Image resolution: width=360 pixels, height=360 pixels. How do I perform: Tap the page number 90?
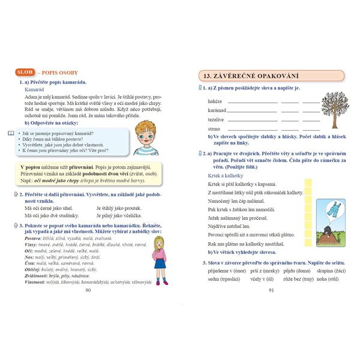coord(88,290)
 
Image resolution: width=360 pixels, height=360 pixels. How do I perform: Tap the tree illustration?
coord(334,108)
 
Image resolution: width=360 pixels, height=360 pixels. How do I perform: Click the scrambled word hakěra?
coord(215,101)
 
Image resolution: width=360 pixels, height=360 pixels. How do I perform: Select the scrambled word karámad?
coord(217,110)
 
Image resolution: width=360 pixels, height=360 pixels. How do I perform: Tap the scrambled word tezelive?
coord(216,119)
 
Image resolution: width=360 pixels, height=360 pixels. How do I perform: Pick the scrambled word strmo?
coord(214,128)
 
